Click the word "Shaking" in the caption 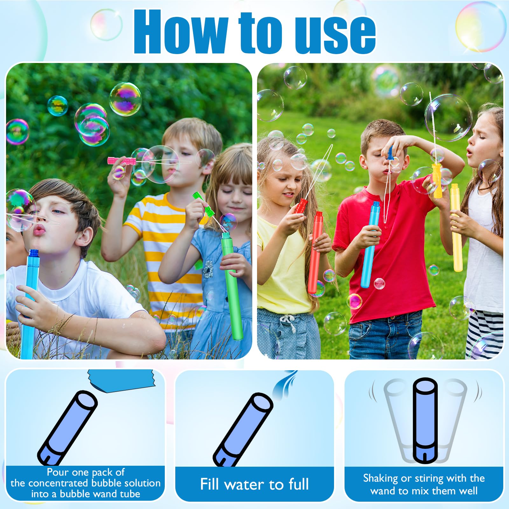pos(380,478)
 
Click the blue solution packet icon pos(122,381)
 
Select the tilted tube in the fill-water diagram pos(243,430)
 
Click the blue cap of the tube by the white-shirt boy pos(34,254)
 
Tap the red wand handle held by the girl pos(300,206)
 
